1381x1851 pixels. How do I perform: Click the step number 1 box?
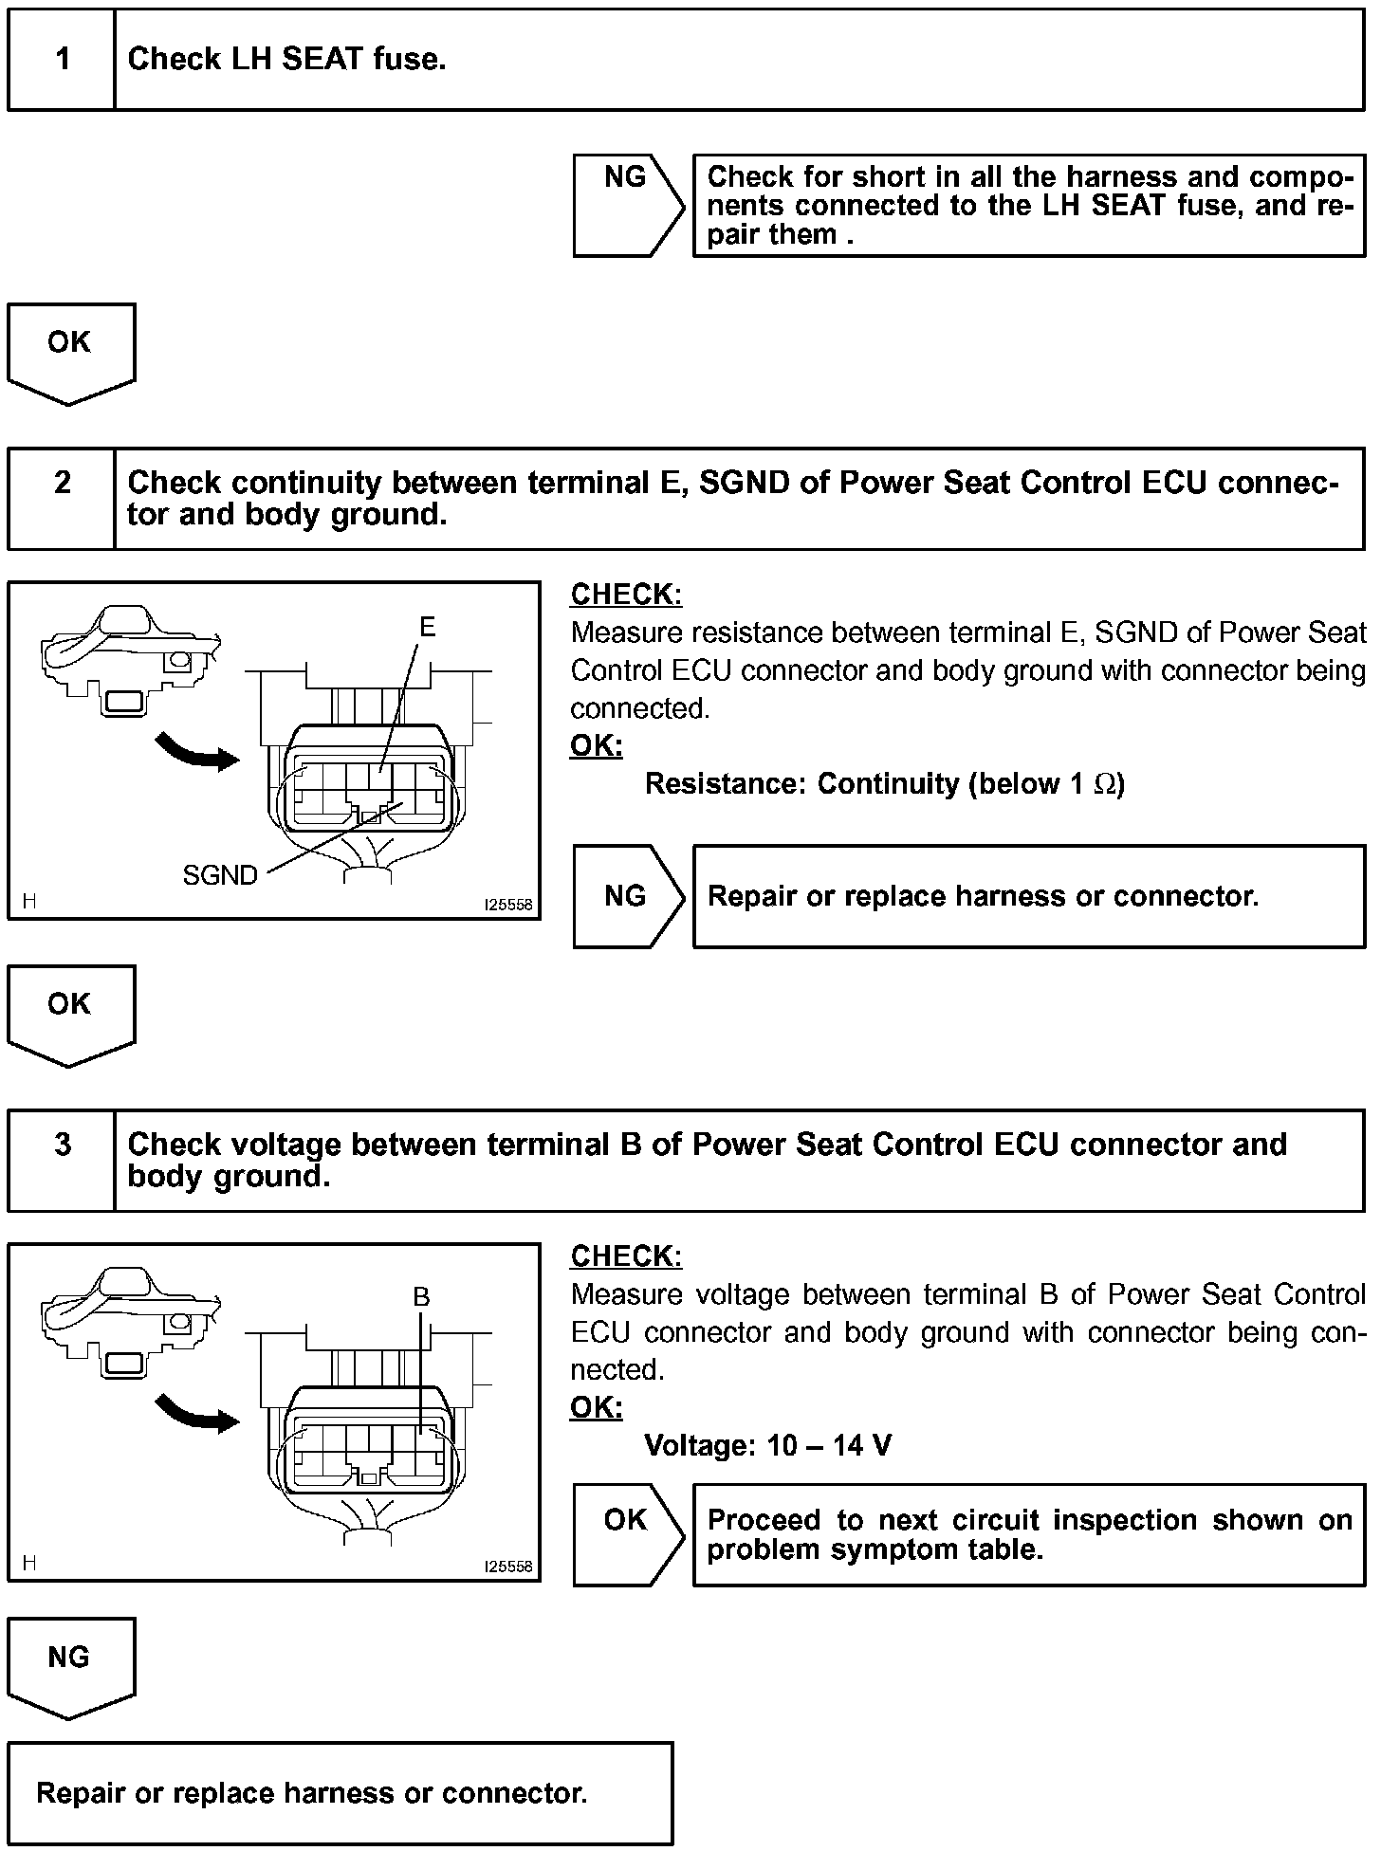click(x=62, y=60)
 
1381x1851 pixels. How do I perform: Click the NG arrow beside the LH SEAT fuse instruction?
click(x=626, y=204)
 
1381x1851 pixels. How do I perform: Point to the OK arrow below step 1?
click(x=70, y=348)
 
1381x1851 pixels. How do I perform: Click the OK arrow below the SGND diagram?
click(x=70, y=1010)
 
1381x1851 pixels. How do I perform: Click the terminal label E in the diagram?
click(x=428, y=627)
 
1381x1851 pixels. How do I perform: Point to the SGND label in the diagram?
click(x=220, y=875)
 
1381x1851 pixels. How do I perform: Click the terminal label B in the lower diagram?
click(x=421, y=1296)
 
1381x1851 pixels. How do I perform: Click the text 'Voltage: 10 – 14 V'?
click(x=767, y=1445)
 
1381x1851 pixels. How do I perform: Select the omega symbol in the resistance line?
click(x=1104, y=784)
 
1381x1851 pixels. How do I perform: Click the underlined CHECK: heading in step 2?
click(x=626, y=595)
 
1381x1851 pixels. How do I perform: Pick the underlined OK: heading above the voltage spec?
click(x=596, y=1408)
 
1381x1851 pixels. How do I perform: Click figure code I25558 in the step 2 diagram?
click(x=508, y=905)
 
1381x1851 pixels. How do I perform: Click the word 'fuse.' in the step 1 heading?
click(x=409, y=60)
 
